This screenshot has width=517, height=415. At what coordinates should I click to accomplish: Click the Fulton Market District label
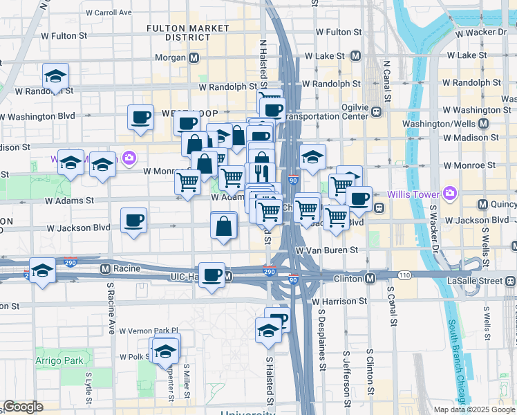click(x=187, y=33)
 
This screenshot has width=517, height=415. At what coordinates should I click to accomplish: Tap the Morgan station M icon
click(x=194, y=58)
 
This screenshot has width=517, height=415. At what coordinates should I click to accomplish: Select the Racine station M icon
click(x=106, y=268)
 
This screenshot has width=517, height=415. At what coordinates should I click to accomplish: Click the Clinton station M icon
click(x=370, y=279)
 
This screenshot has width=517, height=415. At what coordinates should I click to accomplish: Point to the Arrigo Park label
click(x=60, y=360)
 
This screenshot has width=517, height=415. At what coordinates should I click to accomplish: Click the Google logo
click(x=23, y=407)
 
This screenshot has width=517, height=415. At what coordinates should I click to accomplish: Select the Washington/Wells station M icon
click(x=483, y=124)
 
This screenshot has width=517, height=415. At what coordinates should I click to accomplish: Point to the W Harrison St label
click(x=339, y=301)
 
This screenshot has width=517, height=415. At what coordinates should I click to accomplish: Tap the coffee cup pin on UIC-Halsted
click(x=212, y=275)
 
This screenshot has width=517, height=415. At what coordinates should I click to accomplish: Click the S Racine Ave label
click(x=110, y=307)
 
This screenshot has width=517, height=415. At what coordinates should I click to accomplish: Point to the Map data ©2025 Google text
click(x=475, y=409)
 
